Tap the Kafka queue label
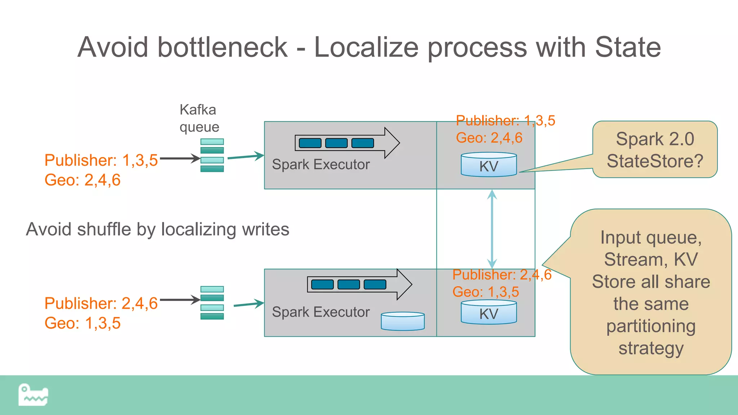[x=199, y=118]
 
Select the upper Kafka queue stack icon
[x=212, y=155]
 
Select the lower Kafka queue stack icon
[x=212, y=303]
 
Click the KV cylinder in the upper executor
[x=489, y=165]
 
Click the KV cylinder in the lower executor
[x=489, y=312]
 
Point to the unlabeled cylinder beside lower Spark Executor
[x=403, y=321]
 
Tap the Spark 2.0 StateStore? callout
[x=655, y=150]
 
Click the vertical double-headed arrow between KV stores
[x=492, y=229]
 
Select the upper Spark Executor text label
[x=321, y=165]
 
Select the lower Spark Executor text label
[x=321, y=312]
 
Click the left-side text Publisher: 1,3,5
[x=101, y=160]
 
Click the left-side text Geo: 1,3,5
[x=83, y=323]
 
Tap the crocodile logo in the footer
[x=33, y=395]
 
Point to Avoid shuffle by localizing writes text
[x=157, y=229]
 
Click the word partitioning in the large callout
[x=650, y=326]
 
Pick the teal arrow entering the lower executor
[x=249, y=304]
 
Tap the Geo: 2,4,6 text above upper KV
[x=489, y=138]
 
